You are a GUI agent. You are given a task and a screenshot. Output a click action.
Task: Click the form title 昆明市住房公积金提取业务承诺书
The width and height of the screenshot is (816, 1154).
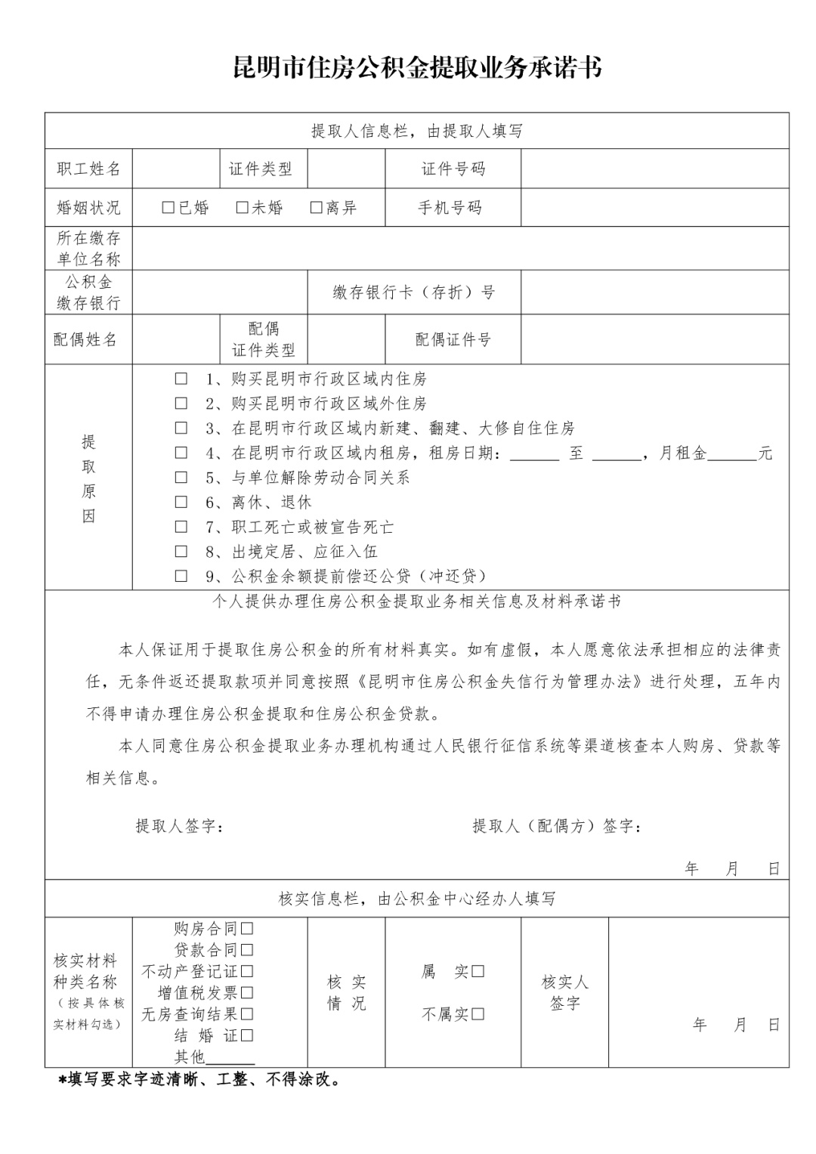[417, 68]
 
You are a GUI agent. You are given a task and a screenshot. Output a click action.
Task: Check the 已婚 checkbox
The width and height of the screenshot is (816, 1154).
[168, 207]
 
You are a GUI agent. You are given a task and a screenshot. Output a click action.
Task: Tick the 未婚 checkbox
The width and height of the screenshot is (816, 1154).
[242, 207]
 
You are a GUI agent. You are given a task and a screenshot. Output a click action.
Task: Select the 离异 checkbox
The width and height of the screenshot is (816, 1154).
[316, 207]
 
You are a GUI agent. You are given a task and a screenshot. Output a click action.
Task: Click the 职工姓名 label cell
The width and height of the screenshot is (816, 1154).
[88, 169]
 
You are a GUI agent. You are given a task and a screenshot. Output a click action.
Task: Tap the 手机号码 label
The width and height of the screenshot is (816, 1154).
[450, 207]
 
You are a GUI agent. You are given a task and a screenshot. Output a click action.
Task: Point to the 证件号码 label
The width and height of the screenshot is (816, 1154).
[453, 169]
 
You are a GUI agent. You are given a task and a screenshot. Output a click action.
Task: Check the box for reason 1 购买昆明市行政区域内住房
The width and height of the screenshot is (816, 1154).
[181, 379]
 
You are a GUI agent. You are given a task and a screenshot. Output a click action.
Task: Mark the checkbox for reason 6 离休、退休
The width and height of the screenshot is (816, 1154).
[181, 502]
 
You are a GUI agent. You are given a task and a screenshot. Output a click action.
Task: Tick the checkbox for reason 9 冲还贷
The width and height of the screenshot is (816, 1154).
[181, 576]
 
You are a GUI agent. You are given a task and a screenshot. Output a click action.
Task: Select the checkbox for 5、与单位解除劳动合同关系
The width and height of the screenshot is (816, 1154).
[181, 477]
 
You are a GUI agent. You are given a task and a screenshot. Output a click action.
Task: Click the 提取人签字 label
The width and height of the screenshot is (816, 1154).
[180, 826]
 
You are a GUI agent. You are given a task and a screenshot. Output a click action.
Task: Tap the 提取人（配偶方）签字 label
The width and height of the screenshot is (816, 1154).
[558, 826]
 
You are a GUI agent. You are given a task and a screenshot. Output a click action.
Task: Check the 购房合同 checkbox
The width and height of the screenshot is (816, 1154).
[247, 928]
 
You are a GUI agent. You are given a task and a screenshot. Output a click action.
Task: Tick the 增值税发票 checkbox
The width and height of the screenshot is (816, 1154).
[247, 992]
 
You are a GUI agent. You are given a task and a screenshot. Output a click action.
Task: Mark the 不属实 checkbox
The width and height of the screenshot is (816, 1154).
[478, 1014]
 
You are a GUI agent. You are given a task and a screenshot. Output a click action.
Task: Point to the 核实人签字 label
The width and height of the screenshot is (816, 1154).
[564, 992]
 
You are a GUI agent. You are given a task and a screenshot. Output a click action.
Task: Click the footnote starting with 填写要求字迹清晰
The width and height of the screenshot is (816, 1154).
[199, 1080]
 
